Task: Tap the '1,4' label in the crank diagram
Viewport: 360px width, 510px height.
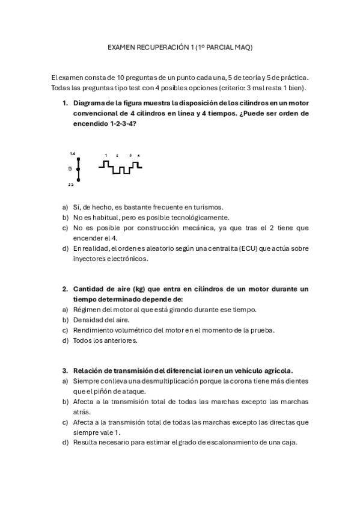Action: click(x=73, y=154)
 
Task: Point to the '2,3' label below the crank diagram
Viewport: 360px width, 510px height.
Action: click(x=71, y=185)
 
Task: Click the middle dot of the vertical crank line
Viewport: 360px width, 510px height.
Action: click(x=78, y=170)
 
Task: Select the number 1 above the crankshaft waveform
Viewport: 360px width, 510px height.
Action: click(x=106, y=155)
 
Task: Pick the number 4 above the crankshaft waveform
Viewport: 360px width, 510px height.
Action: click(x=138, y=155)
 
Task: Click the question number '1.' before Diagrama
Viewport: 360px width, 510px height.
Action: click(x=66, y=103)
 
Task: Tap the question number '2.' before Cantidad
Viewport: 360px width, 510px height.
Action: click(x=66, y=289)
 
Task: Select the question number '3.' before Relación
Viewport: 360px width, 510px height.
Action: click(x=66, y=371)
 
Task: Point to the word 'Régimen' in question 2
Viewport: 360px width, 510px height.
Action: click(x=88, y=310)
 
